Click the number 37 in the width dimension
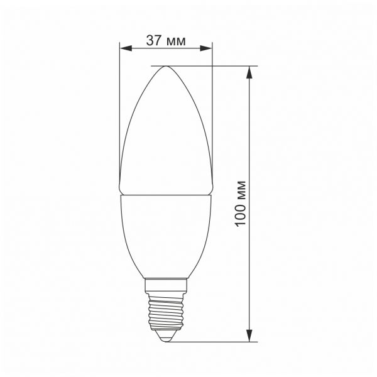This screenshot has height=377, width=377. (155, 41)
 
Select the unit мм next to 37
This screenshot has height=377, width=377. (176, 41)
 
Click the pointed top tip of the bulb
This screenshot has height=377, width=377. (166, 67)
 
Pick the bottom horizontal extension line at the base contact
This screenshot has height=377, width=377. (214, 342)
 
